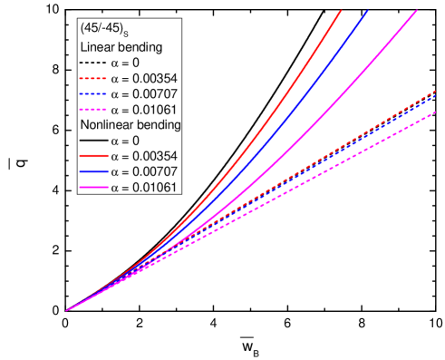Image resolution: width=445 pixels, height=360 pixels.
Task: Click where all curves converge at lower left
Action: point(67,311)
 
